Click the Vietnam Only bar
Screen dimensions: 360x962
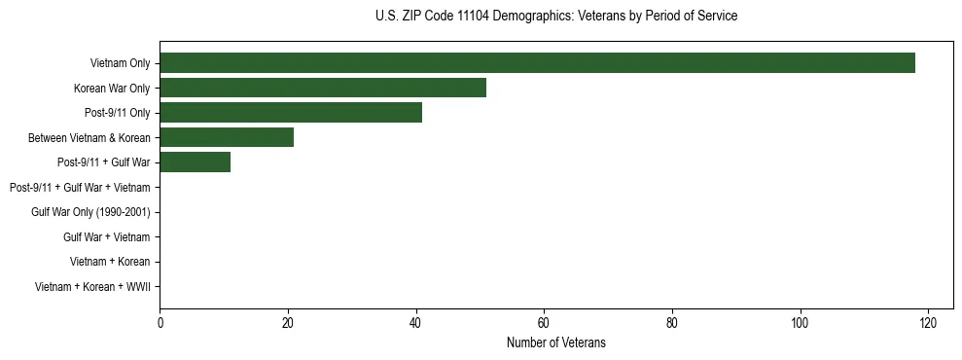[537, 63]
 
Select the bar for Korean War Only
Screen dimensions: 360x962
[323, 89]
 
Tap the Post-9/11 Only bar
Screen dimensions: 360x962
[291, 113]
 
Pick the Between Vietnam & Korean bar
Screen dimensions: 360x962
[227, 138]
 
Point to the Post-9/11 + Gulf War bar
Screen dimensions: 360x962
[195, 162]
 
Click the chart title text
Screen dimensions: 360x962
[555, 17]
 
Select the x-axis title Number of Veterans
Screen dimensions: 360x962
[555, 342]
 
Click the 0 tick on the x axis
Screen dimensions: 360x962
[160, 323]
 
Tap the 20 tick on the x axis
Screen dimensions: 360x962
[288, 323]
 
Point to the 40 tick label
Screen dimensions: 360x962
[415, 323]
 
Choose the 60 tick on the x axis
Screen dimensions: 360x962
[544, 323]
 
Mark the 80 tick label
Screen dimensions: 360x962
[672, 323]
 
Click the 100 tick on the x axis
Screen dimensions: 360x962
[800, 323]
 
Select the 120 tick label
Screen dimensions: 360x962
[928, 323]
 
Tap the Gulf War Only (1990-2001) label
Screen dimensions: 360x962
[90, 212]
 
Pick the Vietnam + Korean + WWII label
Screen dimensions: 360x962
[92, 287]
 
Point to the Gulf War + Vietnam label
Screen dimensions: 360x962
[106, 237]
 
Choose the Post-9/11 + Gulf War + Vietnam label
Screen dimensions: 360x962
[79, 188]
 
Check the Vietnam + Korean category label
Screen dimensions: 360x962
[110, 262]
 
